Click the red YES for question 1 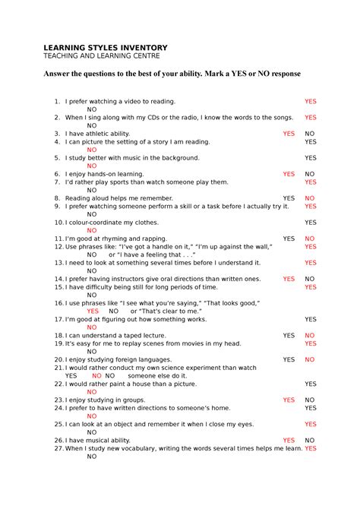tap(311, 101)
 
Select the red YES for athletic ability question tap(289, 134)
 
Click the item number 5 tap(57, 158)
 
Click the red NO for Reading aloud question tap(310, 198)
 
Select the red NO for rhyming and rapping tap(310, 239)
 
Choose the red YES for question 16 tap(93, 311)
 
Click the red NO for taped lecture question tap(310, 336)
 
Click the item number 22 tap(58, 384)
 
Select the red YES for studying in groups tap(289, 400)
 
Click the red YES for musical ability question tap(289, 441)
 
